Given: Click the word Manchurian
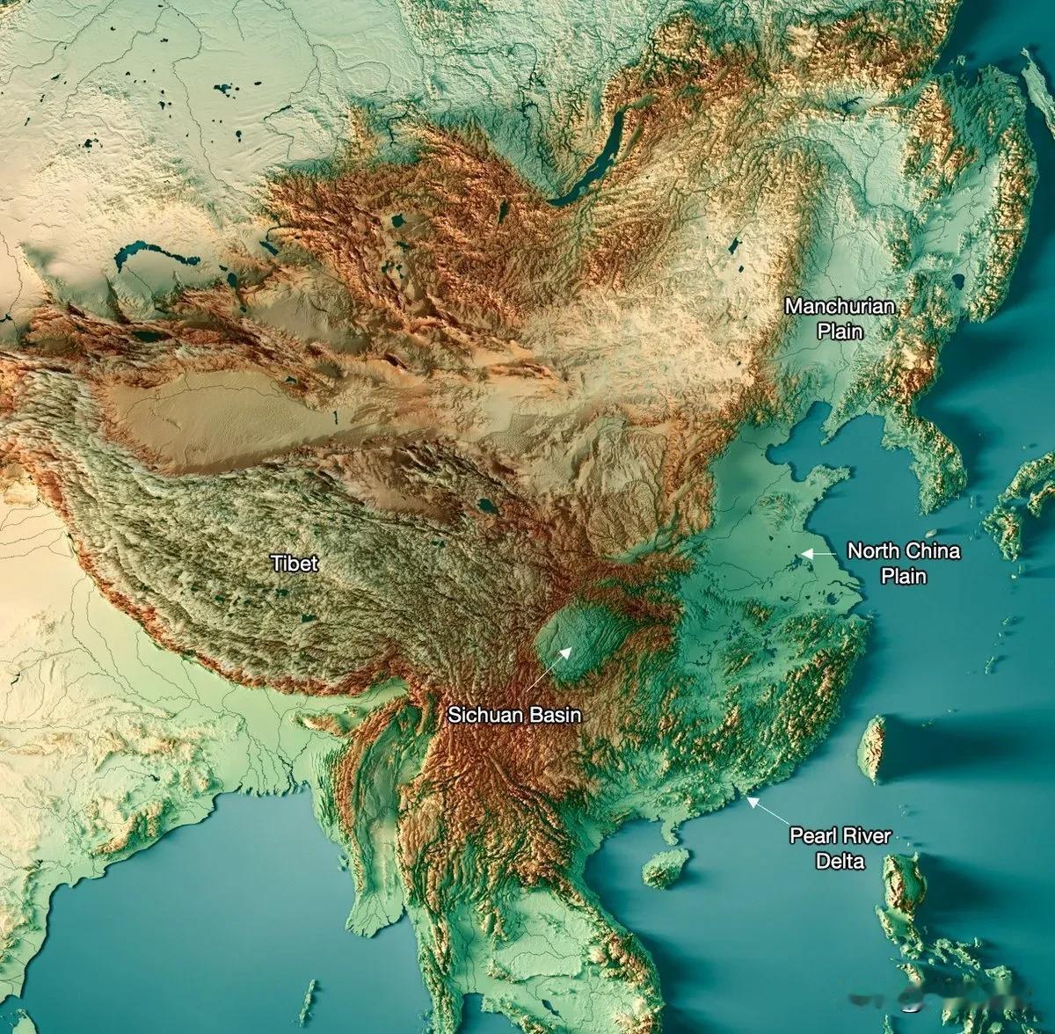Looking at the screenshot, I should (840, 307).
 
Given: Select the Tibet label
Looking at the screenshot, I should (295, 563).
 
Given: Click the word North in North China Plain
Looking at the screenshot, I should (871, 552).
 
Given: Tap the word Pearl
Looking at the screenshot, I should (814, 836).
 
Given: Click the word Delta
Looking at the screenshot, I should (840, 862).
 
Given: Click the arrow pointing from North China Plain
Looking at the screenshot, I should (819, 554).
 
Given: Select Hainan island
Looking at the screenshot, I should (666, 868).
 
